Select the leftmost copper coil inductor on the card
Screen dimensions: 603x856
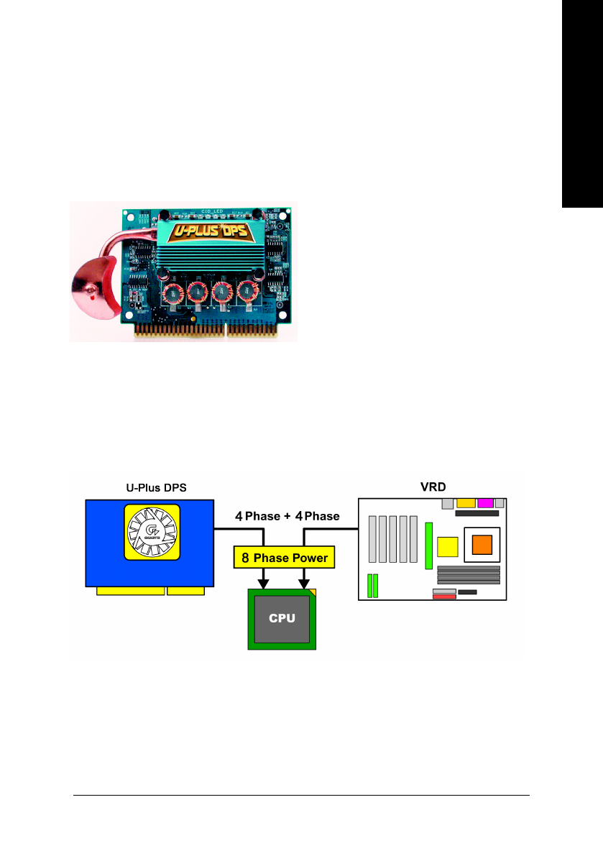click(173, 293)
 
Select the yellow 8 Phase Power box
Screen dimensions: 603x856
click(284, 558)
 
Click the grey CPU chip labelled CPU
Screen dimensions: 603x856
click(282, 618)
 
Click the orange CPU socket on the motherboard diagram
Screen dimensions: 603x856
click(481, 546)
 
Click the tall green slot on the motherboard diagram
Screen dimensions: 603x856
click(429, 547)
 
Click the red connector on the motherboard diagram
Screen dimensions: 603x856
click(443, 597)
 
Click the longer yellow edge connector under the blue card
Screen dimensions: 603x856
click(130, 591)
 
